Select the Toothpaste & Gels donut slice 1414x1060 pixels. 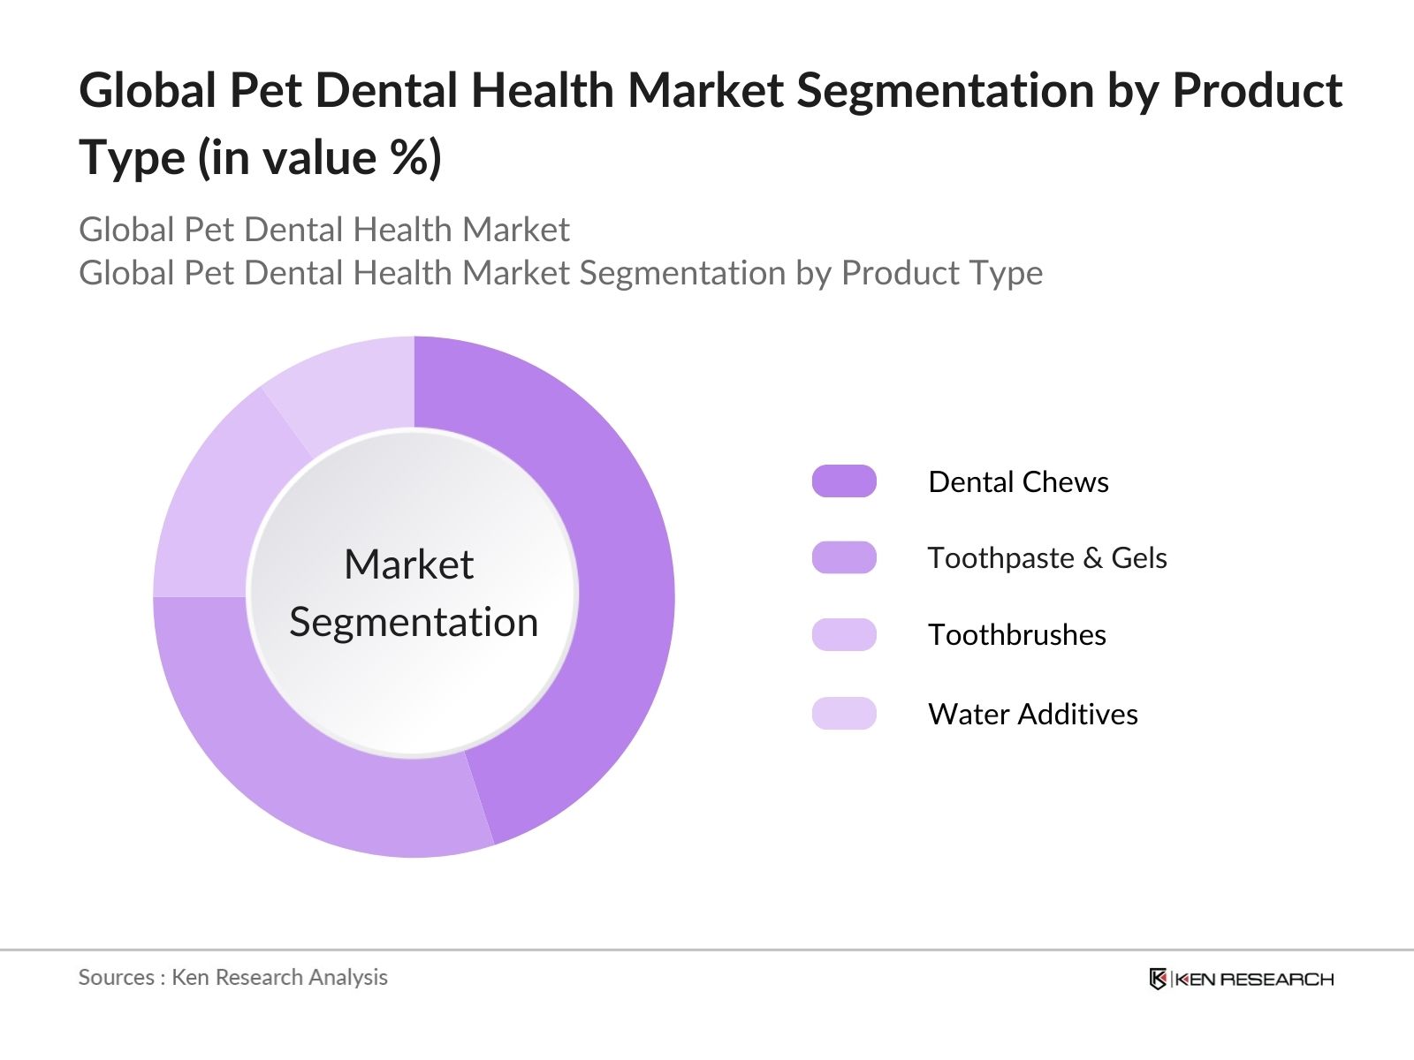point(292,768)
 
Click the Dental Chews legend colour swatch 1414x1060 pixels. point(844,481)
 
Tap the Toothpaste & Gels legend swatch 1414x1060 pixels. point(844,557)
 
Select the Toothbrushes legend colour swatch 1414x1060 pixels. point(844,634)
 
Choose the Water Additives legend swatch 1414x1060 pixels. point(844,713)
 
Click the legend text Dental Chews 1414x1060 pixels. point(1018,482)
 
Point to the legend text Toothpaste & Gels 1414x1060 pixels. point(1047,558)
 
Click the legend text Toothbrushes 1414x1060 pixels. point(1016,635)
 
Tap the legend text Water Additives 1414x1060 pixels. point(1032,714)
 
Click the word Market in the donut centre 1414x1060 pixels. point(408,564)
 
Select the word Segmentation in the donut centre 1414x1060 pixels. point(414,622)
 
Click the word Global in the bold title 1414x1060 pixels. point(148,91)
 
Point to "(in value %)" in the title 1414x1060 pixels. point(319,159)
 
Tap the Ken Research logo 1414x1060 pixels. point(1241,979)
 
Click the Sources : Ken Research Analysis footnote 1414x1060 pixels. point(233,977)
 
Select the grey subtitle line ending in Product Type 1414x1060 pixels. point(560,273)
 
